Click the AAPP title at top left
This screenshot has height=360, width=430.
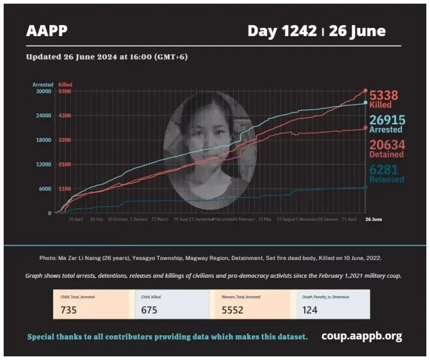47,31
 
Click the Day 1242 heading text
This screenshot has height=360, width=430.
282,31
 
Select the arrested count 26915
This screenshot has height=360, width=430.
386,120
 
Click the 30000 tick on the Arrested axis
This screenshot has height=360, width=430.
43,91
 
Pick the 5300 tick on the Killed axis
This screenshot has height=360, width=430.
64,91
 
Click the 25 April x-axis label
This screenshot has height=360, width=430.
76,219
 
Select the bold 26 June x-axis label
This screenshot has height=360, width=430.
373,219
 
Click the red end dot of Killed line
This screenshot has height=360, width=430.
365,91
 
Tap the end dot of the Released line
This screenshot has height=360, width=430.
365,187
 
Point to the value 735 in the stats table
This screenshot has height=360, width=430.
69,310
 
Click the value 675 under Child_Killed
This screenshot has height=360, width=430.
149,310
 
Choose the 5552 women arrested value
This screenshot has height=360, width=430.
233,310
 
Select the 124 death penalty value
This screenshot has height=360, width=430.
310,310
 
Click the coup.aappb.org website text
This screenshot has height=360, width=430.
361,336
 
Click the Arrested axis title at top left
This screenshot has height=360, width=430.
43,84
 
